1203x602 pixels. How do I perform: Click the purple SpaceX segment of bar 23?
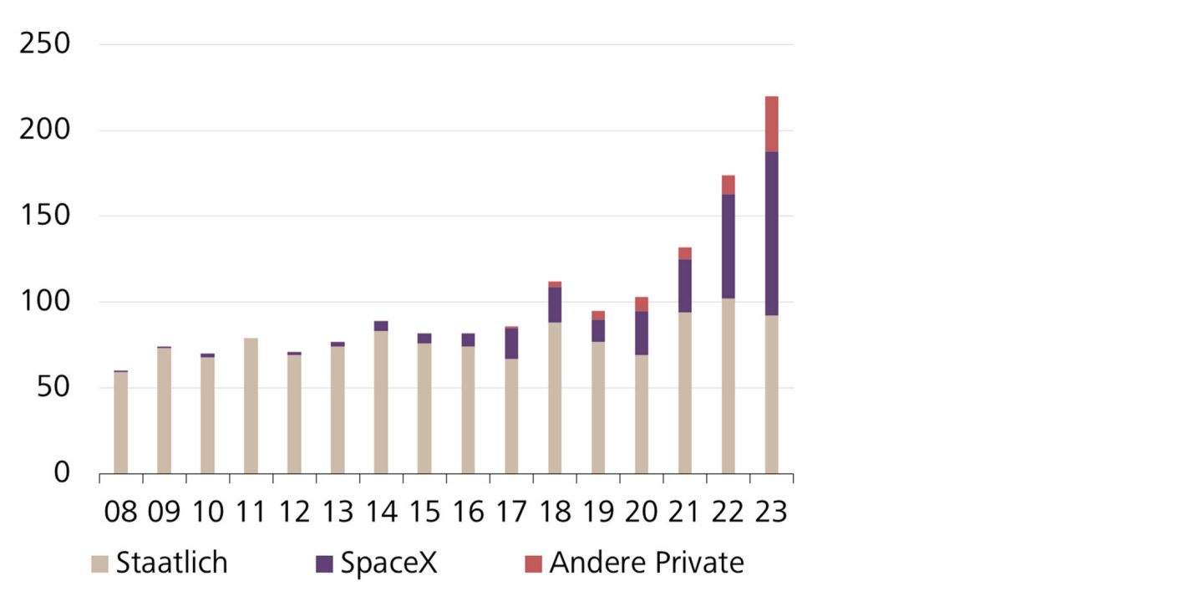(771, 233)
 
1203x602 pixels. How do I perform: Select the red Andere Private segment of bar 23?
(771, 124)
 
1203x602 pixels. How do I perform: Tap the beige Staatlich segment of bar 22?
(728, 385)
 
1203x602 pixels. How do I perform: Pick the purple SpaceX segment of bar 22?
(728, 246)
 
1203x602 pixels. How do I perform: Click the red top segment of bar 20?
(641, 304)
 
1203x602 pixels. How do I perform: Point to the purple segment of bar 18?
(555, 304)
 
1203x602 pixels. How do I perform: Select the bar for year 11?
(251, 406)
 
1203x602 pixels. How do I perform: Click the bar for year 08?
(120, 422)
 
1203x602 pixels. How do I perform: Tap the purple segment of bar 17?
(511, 343)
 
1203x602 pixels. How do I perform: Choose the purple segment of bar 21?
(684, 285)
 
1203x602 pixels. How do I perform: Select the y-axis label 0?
(63, 473)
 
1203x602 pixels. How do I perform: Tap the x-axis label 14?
(381, 512)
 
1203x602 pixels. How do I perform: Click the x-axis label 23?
(771, 512)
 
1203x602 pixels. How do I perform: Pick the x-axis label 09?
(164, 512)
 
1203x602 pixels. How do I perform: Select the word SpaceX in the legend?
(388, 563)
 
